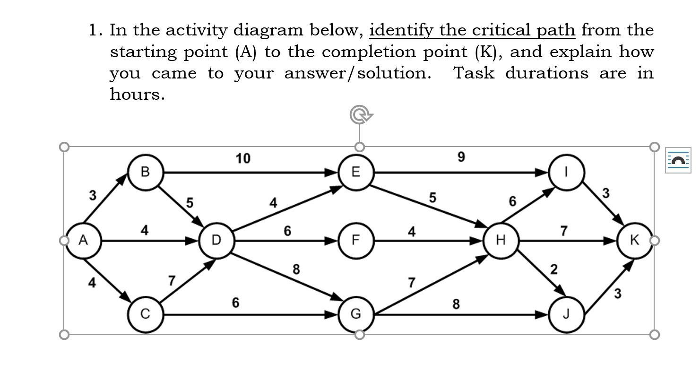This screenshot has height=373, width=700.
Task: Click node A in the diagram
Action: click(x=83, y=241)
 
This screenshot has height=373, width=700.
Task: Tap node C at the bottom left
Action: click(x=146, y=314)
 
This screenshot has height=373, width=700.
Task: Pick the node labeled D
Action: click(x=216, y=241)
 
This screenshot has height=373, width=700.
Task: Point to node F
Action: click(x=356, y=241)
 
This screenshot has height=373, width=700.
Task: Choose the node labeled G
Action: click(x=356, y=314)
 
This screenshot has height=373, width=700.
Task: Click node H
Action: click(x=501, y=241)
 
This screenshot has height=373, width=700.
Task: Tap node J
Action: click(x=566, y=314)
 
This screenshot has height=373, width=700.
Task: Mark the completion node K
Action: click(x=635, y=241)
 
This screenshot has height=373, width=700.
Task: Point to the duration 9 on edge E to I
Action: click(x=461, y=157)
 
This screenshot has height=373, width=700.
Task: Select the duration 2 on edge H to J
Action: click(x=554, y=269)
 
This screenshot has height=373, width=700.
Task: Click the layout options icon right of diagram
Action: click(x=677, y=160)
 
